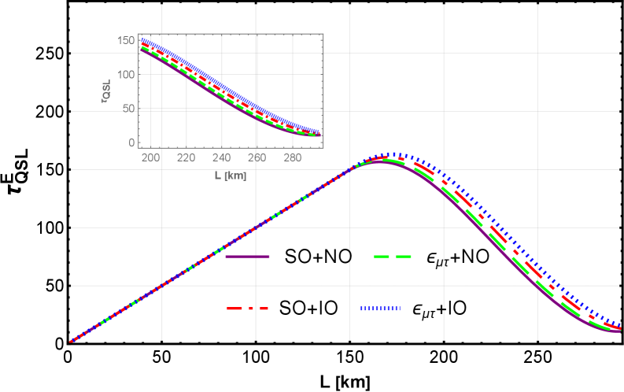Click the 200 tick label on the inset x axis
pos(151,157)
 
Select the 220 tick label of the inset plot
pos(186,157)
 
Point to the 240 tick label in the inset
pos(221,157)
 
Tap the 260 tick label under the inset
pos(257,157)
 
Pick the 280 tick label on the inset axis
pos(292,157)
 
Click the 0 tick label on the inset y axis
pos(132,142)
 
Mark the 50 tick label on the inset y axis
pos(128,109)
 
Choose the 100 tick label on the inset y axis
pos(126,75)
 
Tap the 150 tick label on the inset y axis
pos(126,40)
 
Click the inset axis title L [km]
pos(231,176)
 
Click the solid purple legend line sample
pos(248,257)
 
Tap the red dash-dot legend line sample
pos(248,308)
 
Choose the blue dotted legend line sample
pos(381,308)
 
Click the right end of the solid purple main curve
pos(620,331)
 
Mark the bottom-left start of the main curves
pos(71,342)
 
